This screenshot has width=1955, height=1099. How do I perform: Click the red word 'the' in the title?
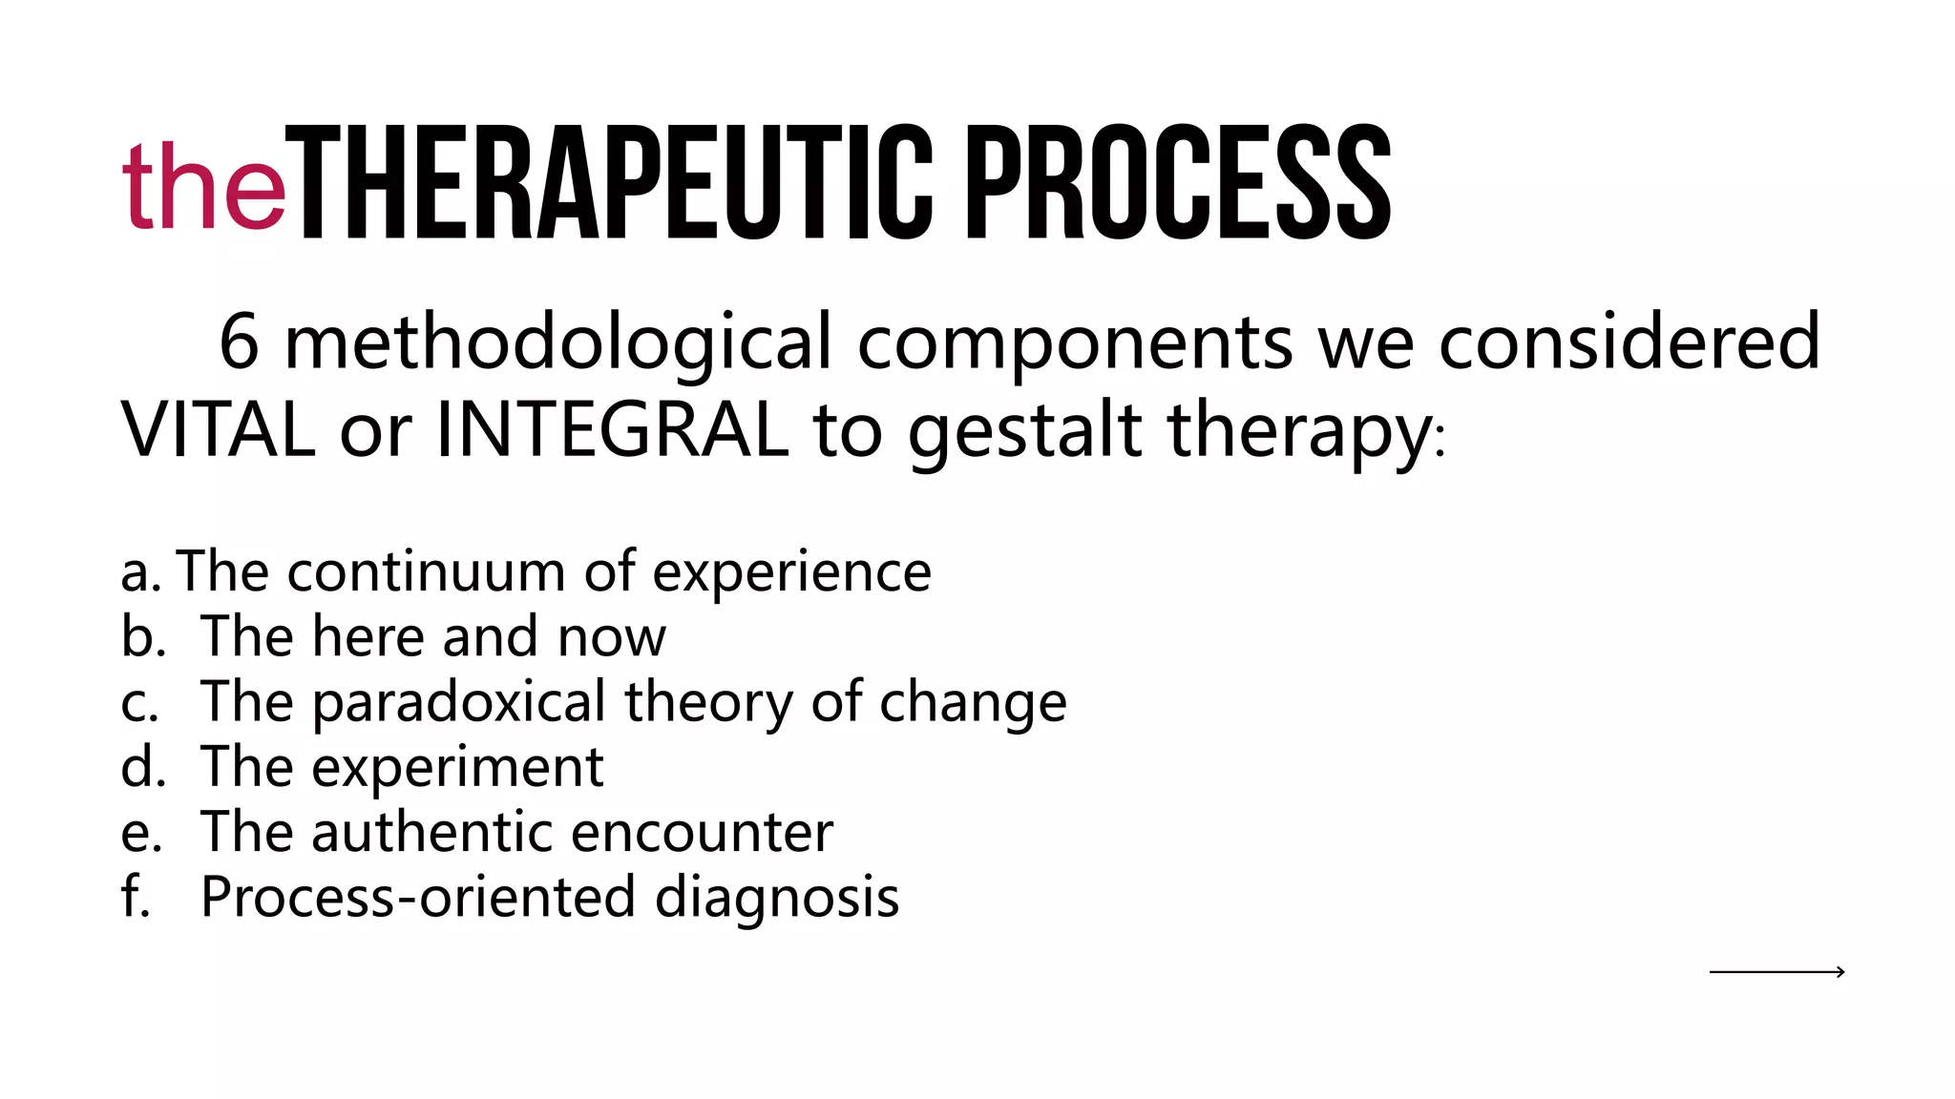[203, 186]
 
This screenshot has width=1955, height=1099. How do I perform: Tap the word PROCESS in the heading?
[1178, 183]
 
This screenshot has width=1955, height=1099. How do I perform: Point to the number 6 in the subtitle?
[239, 342]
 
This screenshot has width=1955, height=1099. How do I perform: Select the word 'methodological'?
[558, 344]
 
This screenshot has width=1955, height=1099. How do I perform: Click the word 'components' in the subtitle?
[1074, 344]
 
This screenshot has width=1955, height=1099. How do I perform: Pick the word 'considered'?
[1629, 342]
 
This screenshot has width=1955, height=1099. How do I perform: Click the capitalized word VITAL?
[218, 430]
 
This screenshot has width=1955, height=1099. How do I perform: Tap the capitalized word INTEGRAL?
[612, 430]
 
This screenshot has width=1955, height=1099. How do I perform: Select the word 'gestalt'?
[1024, 432]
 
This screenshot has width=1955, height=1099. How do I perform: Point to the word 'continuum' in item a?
[426, 572]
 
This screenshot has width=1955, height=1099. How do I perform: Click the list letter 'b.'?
[143, 636]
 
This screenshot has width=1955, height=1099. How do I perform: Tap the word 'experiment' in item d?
[457, 769]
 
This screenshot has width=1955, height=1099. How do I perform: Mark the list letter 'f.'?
[137, 897]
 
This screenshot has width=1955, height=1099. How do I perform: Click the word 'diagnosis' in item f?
[776, 899]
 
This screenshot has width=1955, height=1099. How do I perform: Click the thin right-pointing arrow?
[1776, 972]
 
